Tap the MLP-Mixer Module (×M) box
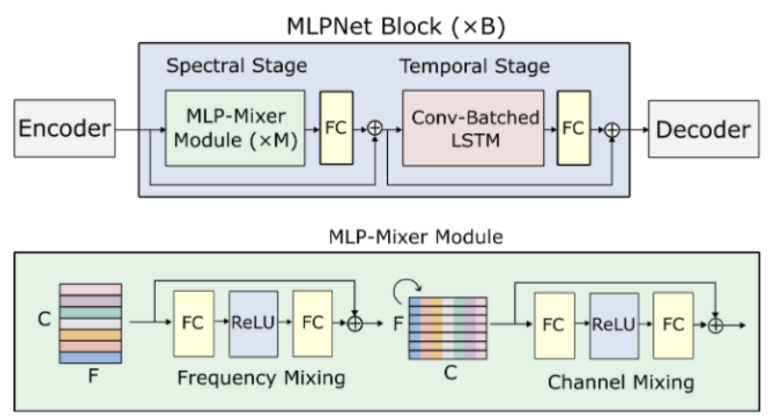coord(235,128)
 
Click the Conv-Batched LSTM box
coord(473,128)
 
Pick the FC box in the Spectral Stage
coord(336,128)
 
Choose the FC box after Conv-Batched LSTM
coord(574,128)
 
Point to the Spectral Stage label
coord(236,67)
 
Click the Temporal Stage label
coord(475,67)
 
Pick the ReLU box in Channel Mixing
coord(615,323)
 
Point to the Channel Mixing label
coord(621,382)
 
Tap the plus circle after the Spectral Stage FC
coord(376,129)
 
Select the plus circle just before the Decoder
coord(613,129)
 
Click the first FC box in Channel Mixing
coord(553,323)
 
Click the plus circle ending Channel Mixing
coord(716,324)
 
